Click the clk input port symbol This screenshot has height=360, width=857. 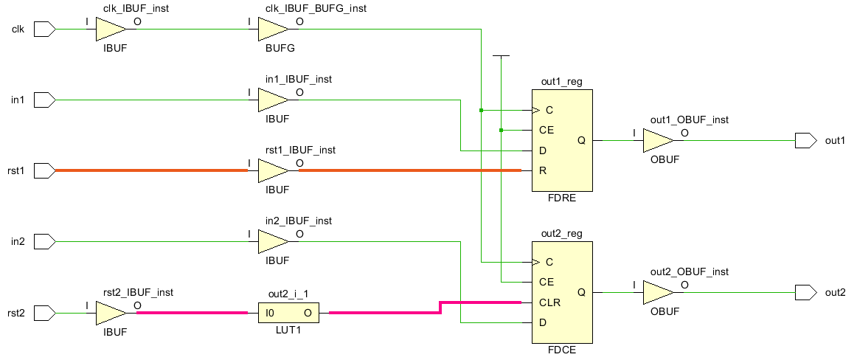(45, 30)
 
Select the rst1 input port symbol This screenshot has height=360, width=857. (45, 171)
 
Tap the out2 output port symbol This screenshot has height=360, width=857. (805, 292)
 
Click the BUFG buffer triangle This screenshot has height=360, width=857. (272, 30)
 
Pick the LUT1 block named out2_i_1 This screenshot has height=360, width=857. (288, 313)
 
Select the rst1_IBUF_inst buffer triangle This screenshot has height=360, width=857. (272, 171)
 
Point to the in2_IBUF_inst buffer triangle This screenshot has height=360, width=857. (272, 241)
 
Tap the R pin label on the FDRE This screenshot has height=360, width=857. (544, 171)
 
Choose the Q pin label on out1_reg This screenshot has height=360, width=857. (581, 140)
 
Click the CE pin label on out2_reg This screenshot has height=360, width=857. (547, 282)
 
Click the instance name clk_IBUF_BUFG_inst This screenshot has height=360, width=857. (315, 8)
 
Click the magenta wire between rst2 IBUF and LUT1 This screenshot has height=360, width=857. (192, 313)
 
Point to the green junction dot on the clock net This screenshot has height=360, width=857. (481, 111)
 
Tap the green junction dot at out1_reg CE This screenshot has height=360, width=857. (501, 131)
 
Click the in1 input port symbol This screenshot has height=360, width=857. (45, 100)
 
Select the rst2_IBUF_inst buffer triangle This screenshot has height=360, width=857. (111, 313)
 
